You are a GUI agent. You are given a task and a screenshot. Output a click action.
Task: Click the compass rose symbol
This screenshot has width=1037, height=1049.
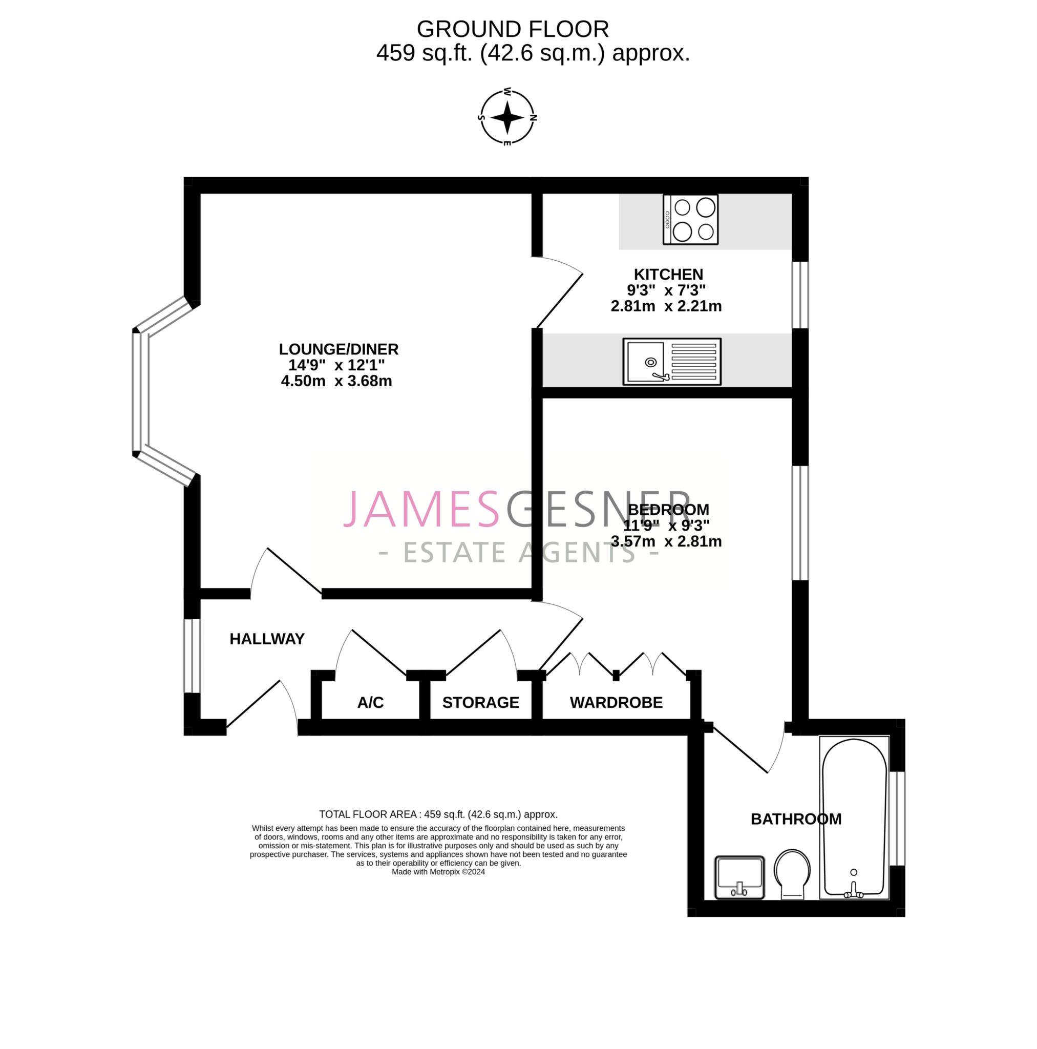(507, 117)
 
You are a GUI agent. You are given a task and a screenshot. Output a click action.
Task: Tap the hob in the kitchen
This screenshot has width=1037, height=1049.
(691, 219)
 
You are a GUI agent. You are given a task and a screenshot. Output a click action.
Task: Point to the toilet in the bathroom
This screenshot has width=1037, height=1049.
(792, 875)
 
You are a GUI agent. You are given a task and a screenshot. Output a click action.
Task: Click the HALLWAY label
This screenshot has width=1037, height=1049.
(267, 639)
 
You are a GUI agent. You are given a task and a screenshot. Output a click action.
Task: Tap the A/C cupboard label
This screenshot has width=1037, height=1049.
(370, 703)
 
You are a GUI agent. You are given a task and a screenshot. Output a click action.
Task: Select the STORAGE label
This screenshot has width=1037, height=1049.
(480, 703)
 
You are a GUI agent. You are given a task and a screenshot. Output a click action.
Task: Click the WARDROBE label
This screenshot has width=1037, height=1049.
(616, 703)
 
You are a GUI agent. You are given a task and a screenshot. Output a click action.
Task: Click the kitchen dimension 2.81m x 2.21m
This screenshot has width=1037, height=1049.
(666, 306)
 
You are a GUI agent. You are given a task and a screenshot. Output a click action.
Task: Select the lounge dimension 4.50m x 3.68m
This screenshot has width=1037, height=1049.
(336, 381)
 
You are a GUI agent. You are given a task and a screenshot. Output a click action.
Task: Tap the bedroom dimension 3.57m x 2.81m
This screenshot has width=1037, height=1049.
(666, 541)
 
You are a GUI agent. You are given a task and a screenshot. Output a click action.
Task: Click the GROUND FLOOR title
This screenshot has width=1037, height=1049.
(513, 29)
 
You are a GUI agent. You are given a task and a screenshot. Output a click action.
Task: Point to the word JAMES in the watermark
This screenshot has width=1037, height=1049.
(421, 508)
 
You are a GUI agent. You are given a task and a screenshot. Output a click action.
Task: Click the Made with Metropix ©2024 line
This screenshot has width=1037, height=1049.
(438, 872)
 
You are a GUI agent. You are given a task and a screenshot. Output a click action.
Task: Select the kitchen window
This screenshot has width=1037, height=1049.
(800, 295)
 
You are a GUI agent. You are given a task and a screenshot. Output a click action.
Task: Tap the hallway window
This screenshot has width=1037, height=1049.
(192, 656)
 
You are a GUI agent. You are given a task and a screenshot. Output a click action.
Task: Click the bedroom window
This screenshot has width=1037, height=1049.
(800, 523)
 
